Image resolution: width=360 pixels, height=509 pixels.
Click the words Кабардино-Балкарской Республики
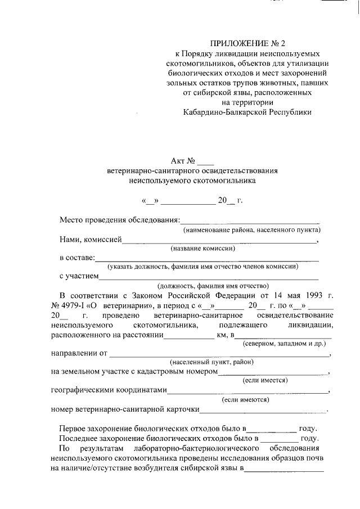[247, 112]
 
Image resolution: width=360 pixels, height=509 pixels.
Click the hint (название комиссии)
[202, 249]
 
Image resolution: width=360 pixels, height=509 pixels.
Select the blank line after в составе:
[206, 260]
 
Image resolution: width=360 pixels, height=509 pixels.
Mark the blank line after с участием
[209, 278]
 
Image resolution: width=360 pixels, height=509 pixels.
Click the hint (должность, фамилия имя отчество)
[213, 285]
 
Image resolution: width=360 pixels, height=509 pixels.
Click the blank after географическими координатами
[247, 391]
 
